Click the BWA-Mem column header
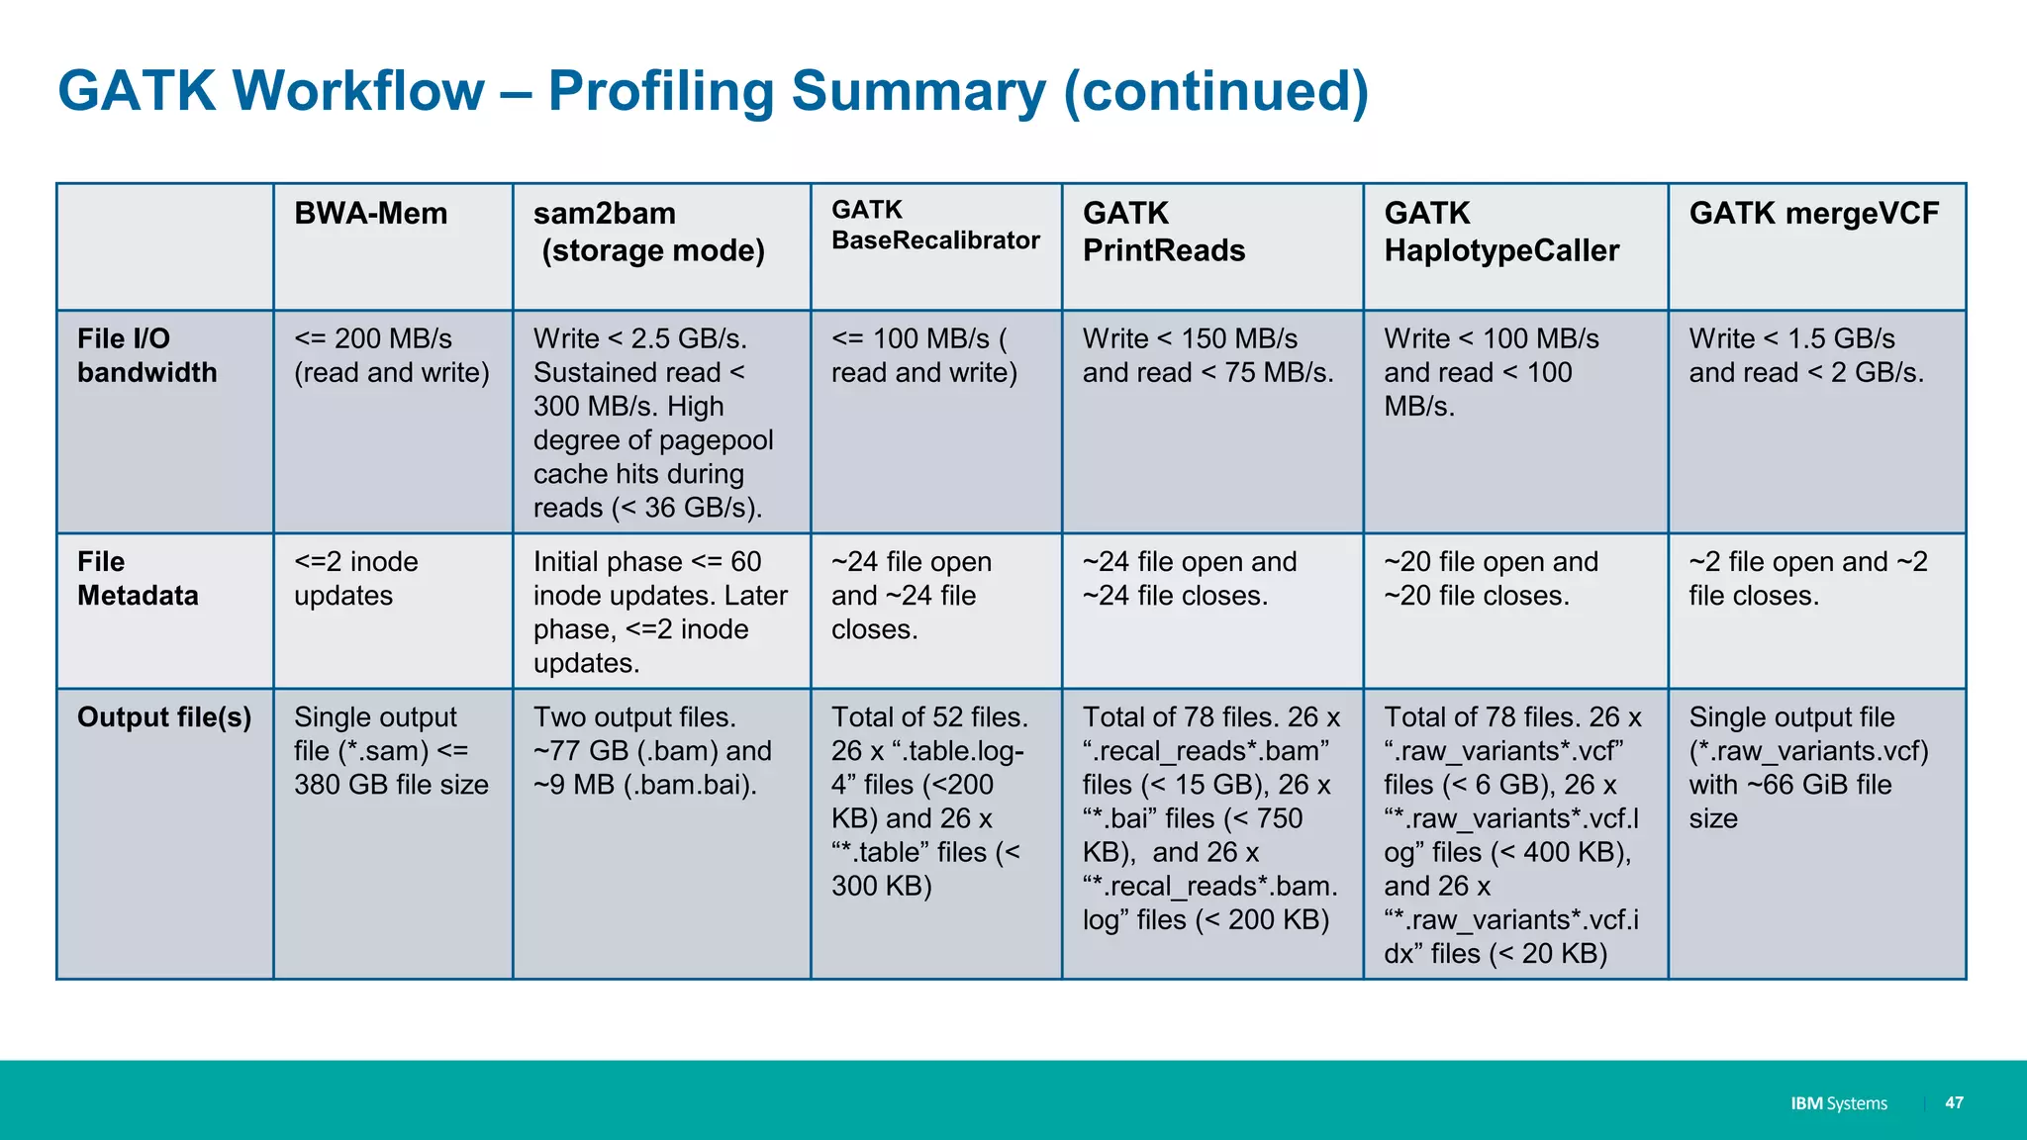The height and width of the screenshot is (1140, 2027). coord(371,214)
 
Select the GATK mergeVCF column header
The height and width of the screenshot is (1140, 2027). coord(1813,214)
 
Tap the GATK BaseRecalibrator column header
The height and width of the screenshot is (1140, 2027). coord(935,226)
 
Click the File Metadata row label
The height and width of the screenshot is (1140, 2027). coord(138,579)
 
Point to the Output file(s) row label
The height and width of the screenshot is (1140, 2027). coord(164,717)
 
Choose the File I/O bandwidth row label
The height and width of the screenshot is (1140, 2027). coord(146,355)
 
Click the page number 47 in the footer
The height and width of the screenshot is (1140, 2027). coord(1954,1102)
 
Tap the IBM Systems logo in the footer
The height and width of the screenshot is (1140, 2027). coord(1838,1103)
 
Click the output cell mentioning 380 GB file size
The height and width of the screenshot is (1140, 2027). coord(391,751)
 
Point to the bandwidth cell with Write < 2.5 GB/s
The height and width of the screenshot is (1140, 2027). coord(652,424)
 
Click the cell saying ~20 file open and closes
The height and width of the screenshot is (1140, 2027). coord(1491,579)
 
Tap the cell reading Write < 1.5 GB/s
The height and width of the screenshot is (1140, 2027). coord(1805,355)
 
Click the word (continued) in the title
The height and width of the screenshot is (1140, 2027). coord(1215,92)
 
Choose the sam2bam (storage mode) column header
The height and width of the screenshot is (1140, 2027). coord(648,233)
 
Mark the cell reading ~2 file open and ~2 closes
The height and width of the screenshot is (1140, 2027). coord(1807,579)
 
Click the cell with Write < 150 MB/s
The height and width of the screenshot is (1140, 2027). coord(1207,355)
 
